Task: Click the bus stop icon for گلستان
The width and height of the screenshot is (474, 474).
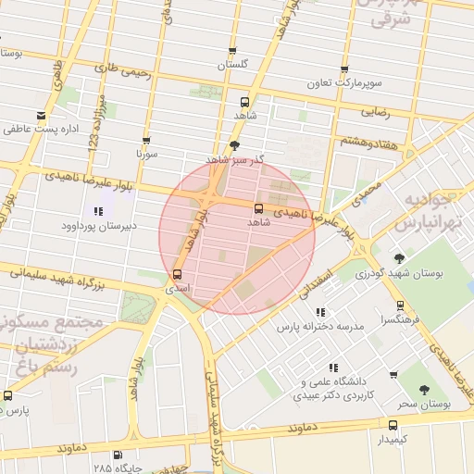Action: (232, 52)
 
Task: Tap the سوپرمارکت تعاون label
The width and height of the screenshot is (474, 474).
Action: (344, 83)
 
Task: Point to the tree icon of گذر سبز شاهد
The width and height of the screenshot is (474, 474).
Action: (234, 145)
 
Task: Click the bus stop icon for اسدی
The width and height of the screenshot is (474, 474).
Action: (178, 274)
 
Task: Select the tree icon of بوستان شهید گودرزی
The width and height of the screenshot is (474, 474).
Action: (399, 258)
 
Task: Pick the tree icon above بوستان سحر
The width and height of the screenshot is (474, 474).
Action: (424, 391)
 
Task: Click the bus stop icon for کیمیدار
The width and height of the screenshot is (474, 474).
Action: (393, 425)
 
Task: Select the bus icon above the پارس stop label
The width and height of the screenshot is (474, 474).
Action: (8, 395)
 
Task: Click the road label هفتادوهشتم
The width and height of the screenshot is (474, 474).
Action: (369, 141)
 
